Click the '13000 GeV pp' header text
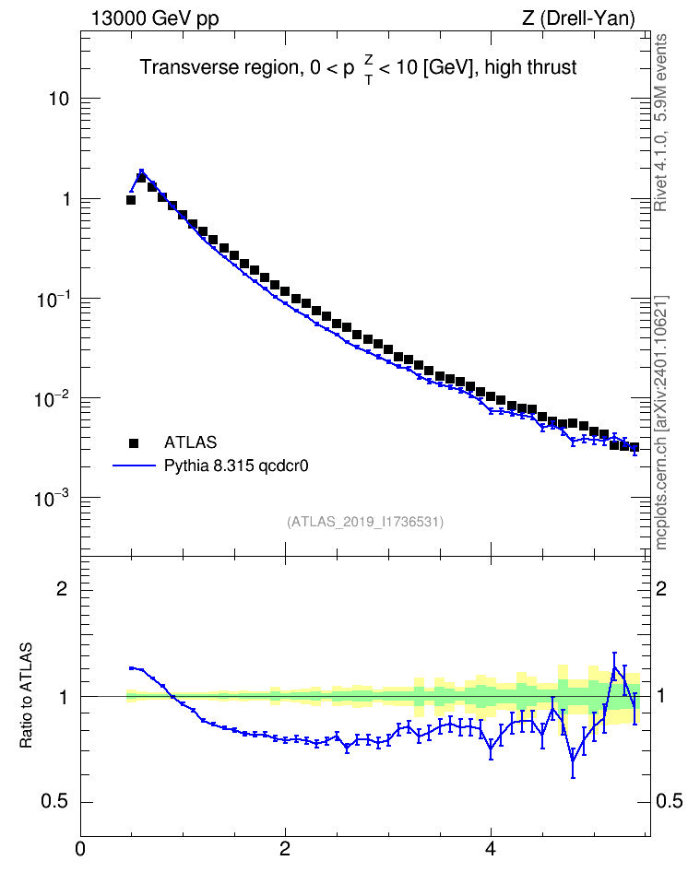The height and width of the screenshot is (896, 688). point(155,18)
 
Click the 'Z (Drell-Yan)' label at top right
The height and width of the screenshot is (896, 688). point(578,18)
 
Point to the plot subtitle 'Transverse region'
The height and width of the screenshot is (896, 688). point(220,67)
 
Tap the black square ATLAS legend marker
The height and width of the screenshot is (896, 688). point(134,442)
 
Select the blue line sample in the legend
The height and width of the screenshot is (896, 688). point(134,466)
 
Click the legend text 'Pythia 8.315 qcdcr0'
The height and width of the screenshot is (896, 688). point(236,466)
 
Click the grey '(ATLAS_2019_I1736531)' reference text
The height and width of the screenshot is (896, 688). point(365,522)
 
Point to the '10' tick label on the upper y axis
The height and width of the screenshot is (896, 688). point(59,99)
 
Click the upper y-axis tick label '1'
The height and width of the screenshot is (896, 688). point(65,199)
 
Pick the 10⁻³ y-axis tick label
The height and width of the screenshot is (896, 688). point(54,498)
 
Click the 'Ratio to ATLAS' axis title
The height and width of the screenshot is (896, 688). point(26,695)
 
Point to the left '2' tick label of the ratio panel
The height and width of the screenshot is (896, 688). point(63,589)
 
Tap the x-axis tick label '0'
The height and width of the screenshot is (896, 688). point(80,849)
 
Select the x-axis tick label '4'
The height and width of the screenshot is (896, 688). point(491,849)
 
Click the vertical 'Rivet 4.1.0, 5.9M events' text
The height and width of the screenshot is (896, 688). point(660,123)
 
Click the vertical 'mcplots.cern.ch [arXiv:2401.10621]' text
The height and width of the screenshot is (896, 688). point(660,423)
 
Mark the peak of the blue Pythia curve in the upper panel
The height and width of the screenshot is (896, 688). point(141,171)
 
